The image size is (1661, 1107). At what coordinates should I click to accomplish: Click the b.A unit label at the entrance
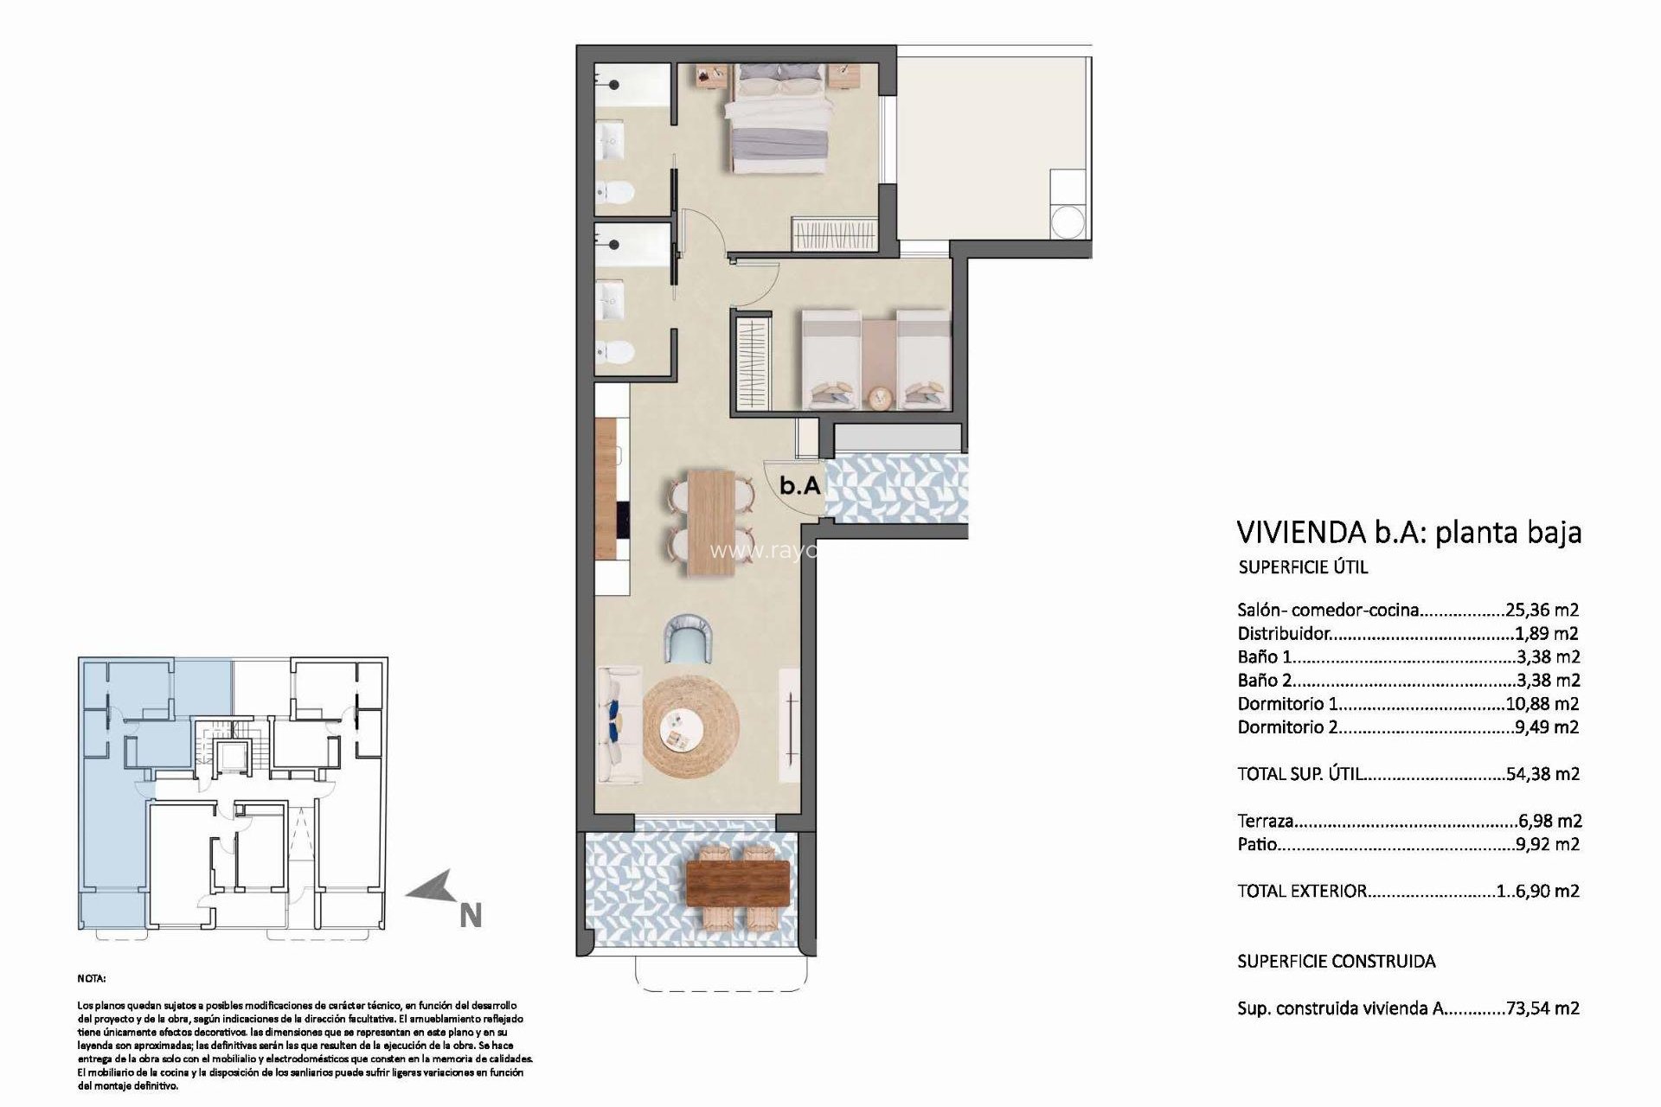click(x=799, y=486)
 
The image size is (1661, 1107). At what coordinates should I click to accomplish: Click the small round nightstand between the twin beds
click(x=880, y=397)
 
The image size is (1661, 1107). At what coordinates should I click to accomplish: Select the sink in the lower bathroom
click(x=613, y=296)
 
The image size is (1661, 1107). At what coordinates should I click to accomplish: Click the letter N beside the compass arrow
click(x=470, y=916)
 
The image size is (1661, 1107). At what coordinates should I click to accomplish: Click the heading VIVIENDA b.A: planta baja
click(x=1409, y=531)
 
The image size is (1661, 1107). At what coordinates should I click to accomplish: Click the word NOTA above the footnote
click(x=92, y=979)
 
